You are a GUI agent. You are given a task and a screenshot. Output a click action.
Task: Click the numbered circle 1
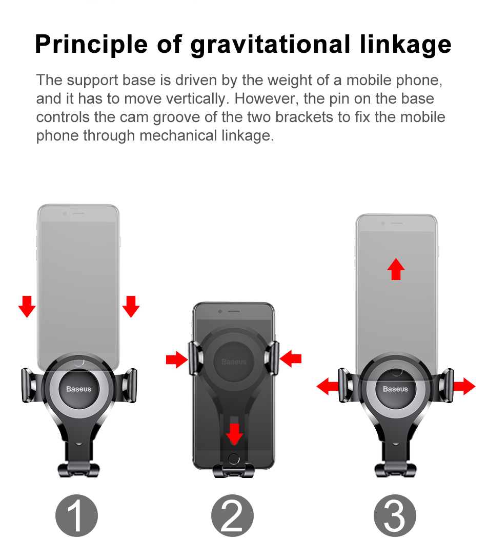(76, 515)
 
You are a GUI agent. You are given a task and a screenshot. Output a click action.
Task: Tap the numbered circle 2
(233, 515)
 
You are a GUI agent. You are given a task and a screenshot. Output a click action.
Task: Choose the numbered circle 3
(395, 515)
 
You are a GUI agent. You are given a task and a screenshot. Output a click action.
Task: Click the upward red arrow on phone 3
(395, 269)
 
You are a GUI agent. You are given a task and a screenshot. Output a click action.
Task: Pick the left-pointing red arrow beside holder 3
(328, 386)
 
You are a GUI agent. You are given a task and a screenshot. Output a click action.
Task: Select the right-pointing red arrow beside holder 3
(464, 386)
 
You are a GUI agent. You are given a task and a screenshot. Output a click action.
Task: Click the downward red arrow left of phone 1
(27, 306)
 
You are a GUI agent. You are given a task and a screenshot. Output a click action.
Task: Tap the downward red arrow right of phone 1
(131, 306)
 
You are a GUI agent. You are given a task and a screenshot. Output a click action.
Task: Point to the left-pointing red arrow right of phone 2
(291, 358)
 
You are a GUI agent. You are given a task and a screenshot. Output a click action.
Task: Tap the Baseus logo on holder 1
(78, 389)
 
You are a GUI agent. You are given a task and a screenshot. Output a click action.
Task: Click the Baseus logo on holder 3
(395, 389)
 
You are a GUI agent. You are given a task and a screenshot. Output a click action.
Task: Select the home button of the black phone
(234, 458)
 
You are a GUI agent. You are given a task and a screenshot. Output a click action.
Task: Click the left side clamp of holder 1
(29, 385)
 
